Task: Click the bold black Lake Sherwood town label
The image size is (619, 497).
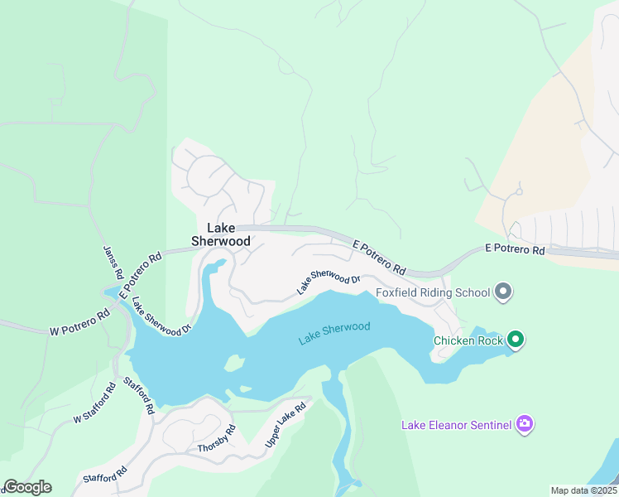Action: [x=221, y=234]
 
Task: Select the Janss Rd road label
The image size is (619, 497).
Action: [x=112, y=262]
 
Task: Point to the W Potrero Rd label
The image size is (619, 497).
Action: [x=79, y=323]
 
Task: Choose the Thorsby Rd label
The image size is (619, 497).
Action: [x=217, y=439]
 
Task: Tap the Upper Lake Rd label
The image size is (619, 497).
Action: [x=286, y=425]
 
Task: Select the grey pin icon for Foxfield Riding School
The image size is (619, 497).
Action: [x=502, y=292]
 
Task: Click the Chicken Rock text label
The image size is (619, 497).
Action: [x=468, y=340]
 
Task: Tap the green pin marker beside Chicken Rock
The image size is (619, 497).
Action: [x=516, y=339]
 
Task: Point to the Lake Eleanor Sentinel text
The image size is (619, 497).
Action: [x=456, y=426]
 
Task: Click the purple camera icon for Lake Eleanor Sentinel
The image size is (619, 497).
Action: [x=524, y=424]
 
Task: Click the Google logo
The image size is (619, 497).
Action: [x=27, y=487]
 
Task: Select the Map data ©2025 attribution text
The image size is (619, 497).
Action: [x=583, y=490]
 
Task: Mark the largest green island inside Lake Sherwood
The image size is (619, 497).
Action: [x=234, y=364]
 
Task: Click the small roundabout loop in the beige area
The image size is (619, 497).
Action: [x=518, y=191]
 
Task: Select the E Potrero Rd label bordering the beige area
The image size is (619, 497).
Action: [x=514, y=249]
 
